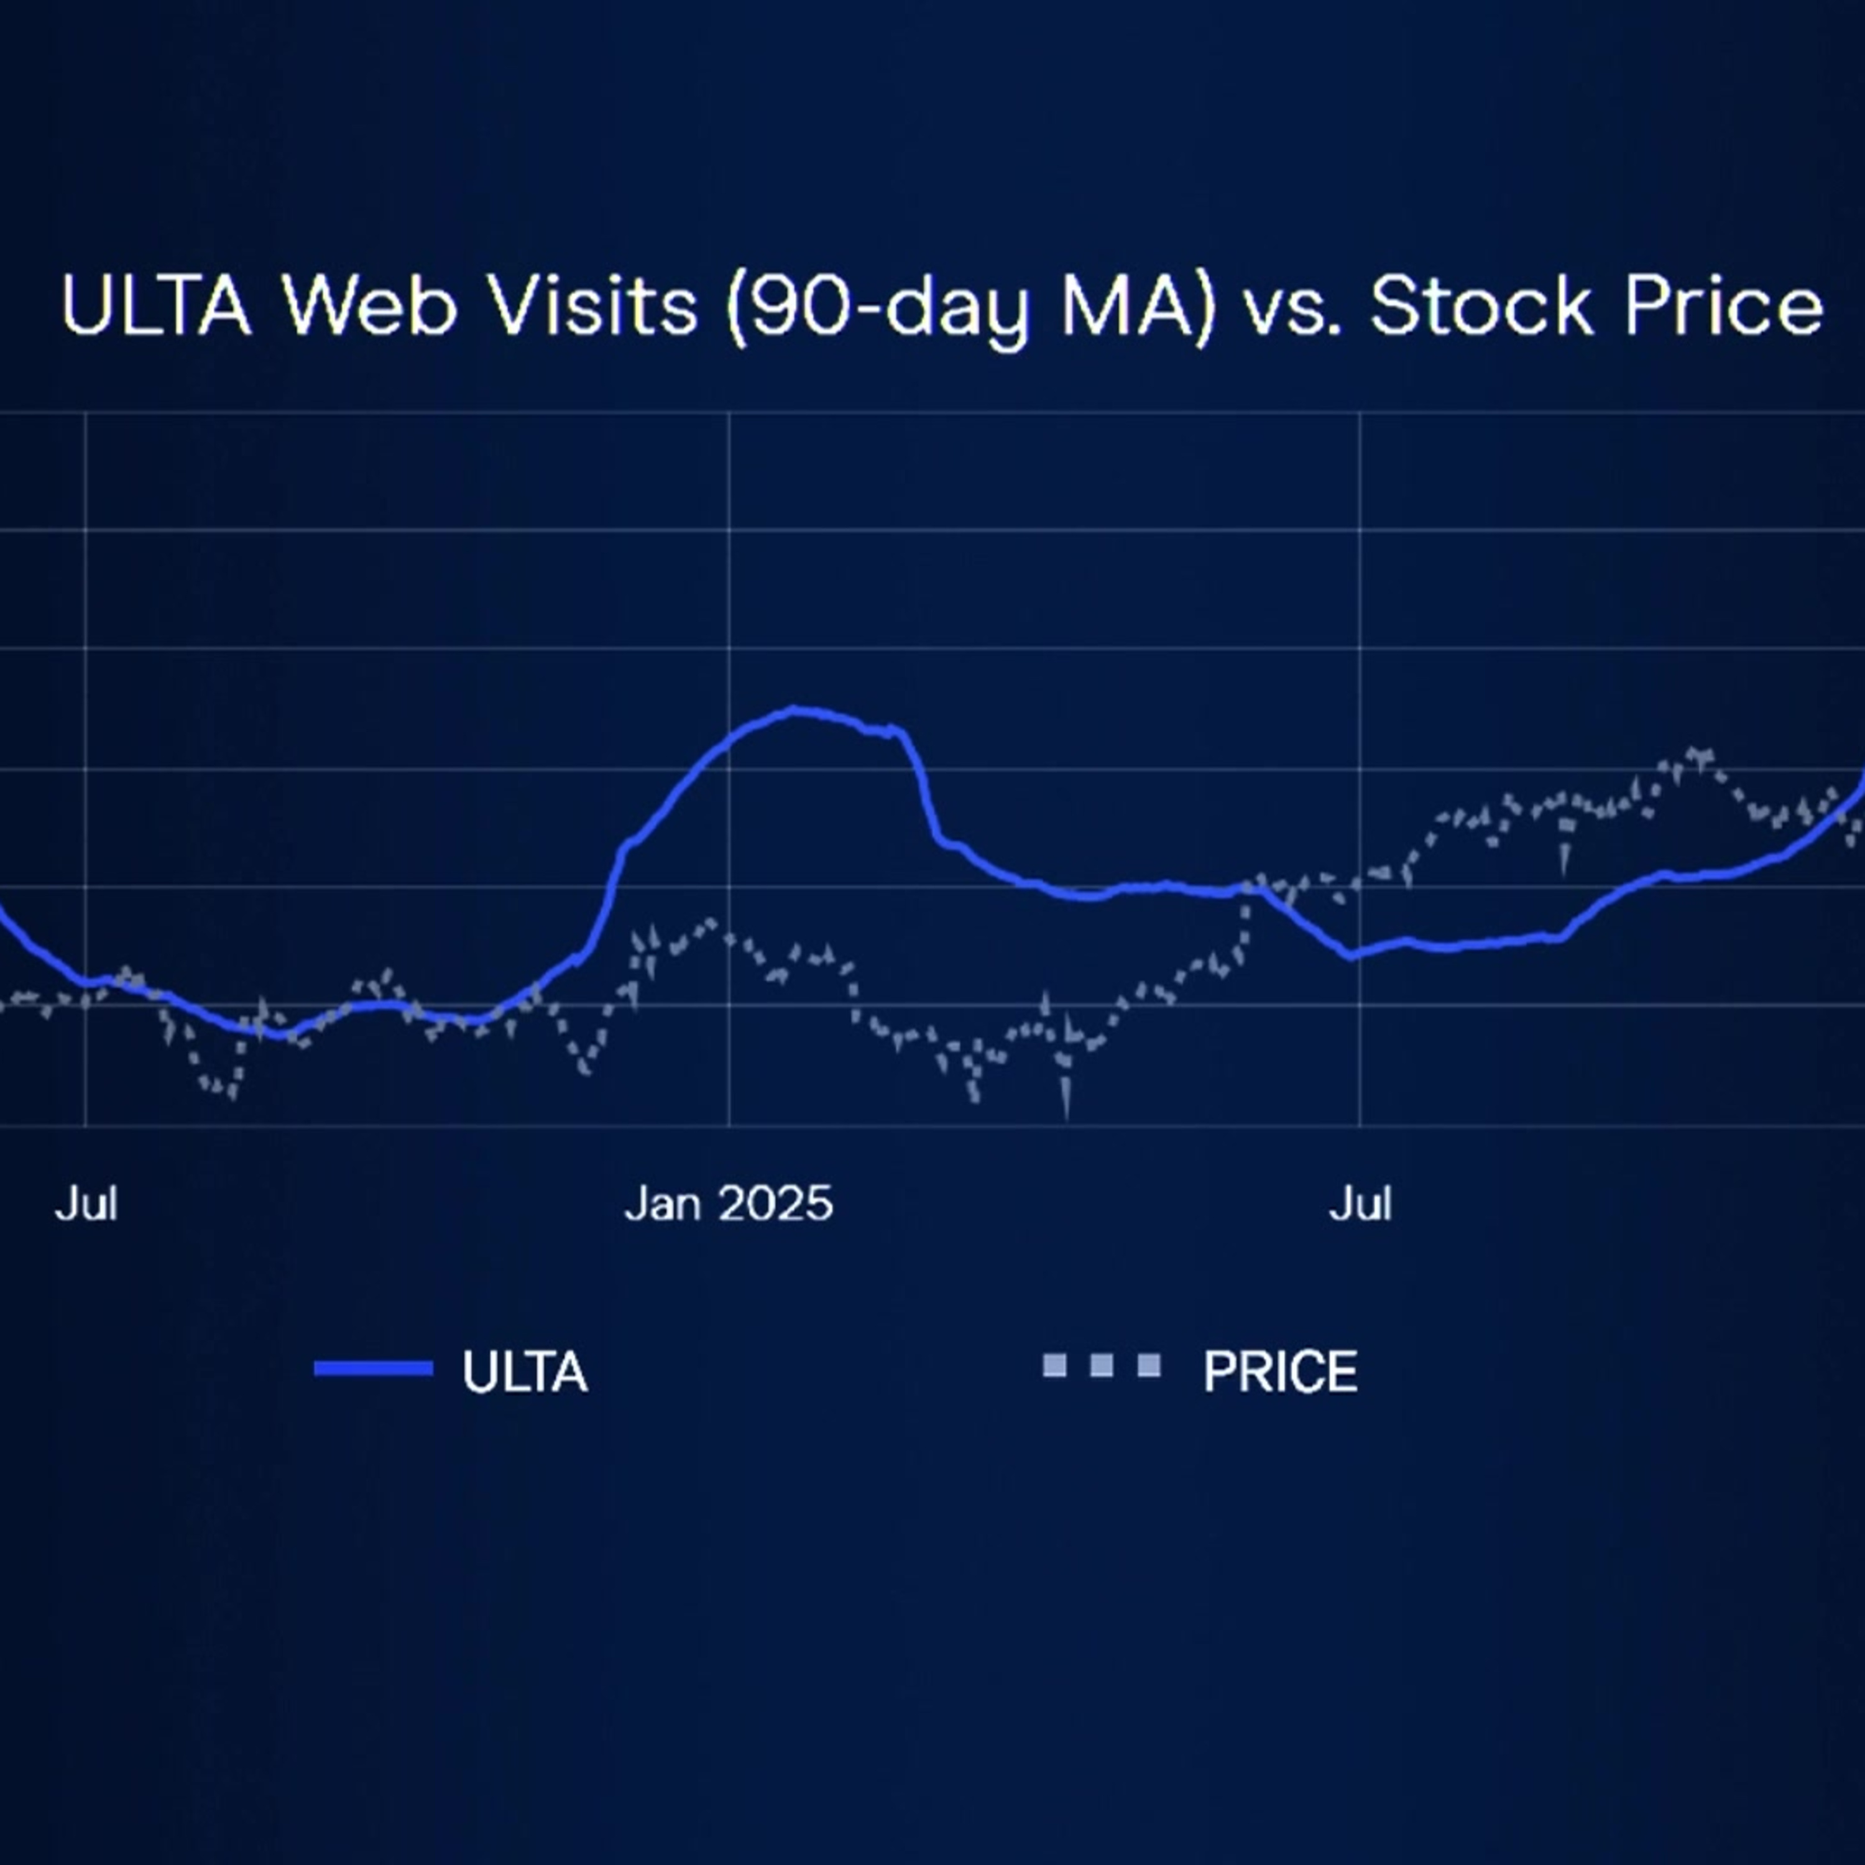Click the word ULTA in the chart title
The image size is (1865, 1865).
(157, 306)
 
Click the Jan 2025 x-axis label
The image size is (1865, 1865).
(728, 1204)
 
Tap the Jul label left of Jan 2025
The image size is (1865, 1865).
(86, 1204)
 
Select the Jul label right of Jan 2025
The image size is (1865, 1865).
(1360, 1204)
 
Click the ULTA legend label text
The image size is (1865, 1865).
(524, 1372)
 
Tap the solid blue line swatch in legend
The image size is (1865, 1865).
(374, 1368)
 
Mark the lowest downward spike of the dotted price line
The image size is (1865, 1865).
(1067, 1115)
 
